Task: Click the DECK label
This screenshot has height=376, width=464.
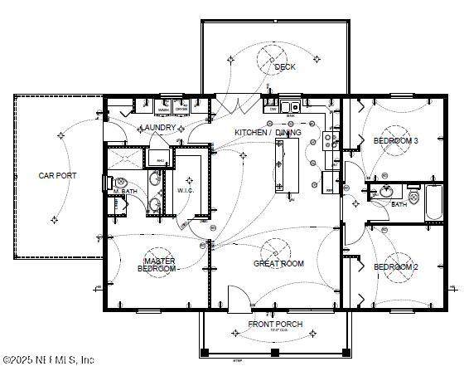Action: click(286, 67)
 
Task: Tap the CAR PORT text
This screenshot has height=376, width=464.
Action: click(57, 176)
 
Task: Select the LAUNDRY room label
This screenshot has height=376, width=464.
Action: click(157, 128)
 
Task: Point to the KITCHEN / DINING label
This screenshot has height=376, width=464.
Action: click(268, 132)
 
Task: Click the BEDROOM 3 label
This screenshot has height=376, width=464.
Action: click(395, 141)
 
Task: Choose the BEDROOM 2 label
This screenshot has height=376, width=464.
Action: click(395, 266)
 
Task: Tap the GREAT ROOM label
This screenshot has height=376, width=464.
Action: click(278, 264)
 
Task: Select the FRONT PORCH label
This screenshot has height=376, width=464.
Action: click(275, 324)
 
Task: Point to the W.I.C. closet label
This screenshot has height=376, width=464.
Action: click(185, 189)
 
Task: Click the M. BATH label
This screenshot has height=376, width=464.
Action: click(125, 192)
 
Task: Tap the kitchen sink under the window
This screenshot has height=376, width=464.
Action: click(289, 106)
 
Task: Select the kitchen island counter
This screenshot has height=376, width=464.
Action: click(287, 164)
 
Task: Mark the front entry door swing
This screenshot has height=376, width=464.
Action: click(238, 297)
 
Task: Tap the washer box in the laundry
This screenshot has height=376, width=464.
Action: click(164, 107)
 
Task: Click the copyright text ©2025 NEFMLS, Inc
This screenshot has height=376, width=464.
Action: click(48, 360)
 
